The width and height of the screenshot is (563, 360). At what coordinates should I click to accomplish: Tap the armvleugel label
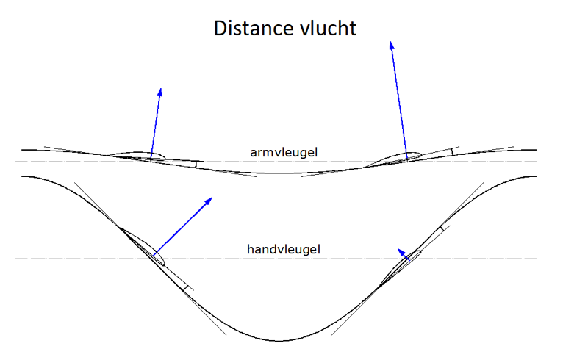tap(284, 153)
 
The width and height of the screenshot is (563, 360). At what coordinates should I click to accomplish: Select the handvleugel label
tap(283, 249)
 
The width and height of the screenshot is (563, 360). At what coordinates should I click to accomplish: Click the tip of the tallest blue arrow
tap(391, 42)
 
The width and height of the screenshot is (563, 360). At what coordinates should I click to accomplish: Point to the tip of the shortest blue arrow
tap(398, 249)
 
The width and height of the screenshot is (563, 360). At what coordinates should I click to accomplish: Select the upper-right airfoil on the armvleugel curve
tap(394, 159)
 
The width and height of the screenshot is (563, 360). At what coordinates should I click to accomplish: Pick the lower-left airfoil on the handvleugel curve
tap(142, 246)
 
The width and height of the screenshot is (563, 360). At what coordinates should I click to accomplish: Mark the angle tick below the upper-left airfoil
tap(196, 165)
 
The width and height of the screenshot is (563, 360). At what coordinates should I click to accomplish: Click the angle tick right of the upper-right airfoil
tap(453, 151)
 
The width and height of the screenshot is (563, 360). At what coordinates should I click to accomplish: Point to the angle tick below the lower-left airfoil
tap(186, 288)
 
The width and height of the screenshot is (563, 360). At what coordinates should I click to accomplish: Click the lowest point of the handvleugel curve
tap(279, 341)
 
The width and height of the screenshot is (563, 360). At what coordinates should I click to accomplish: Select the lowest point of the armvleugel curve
tap(279, 173)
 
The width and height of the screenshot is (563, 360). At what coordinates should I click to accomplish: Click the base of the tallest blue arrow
tap(406, 157)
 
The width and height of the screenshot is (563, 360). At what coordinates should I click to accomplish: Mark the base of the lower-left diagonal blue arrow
tap(154, 255)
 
